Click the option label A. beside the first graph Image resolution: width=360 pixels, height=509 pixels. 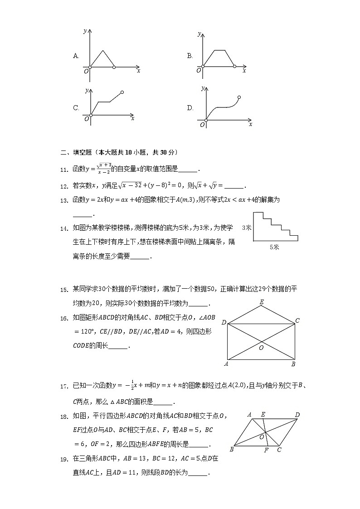[76, 56]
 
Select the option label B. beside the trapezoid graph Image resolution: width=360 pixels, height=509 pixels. [190, 56]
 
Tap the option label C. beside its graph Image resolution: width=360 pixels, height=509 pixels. [76, 108]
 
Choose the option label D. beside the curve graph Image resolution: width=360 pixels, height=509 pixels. [190, 108]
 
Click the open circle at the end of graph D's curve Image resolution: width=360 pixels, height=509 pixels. [239, 97]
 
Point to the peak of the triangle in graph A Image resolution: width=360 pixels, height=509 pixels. [103, 50]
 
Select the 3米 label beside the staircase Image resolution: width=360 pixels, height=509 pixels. [247, 228]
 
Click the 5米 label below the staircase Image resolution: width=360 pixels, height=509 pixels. [274, 247]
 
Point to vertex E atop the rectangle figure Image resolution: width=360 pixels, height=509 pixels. [262, 302]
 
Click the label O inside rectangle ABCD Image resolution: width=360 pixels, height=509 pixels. [261, 348]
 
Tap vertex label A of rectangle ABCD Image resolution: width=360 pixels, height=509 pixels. [226, 364]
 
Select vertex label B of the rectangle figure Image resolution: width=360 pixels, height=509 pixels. [293, 364]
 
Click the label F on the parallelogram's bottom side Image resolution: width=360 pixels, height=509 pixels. [266, 451]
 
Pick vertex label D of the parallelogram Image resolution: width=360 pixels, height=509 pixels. [297, 415]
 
